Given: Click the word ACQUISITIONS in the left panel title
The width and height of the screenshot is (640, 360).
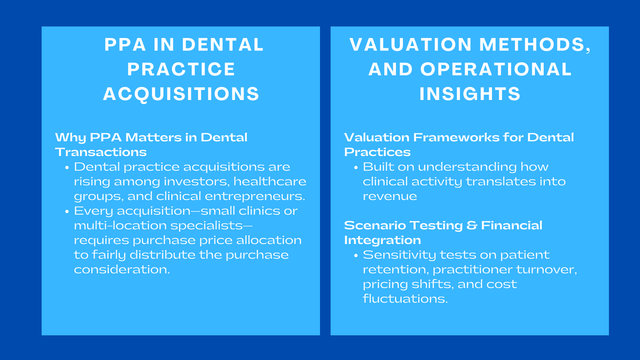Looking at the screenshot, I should coord(181,94).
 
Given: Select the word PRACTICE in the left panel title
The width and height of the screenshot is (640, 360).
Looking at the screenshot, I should coord(181,69).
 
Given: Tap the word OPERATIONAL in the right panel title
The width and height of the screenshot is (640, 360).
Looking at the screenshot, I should coord(496,69).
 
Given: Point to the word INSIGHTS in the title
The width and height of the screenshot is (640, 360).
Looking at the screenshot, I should coord(470,94).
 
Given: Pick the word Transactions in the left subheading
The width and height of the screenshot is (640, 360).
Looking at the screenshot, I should coord(101,152).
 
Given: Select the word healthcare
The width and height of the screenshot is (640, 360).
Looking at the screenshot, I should coord(270,182).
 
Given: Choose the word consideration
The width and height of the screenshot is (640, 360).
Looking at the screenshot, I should coord(122,270).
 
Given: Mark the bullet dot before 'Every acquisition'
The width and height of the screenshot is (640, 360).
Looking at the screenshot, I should coord(67,212).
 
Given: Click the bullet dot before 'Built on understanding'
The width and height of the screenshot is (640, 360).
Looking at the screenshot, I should coord(356,168).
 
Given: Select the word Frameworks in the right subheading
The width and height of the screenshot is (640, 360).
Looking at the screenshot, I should coord(456,137).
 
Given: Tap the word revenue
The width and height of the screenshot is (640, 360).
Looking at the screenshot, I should coord(390,196).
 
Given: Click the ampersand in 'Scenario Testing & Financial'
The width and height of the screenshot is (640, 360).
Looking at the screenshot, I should coord(472,226).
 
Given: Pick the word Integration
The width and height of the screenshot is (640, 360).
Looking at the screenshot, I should coord(382,240).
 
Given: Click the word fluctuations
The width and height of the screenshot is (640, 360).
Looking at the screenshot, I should coord(405,299).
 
